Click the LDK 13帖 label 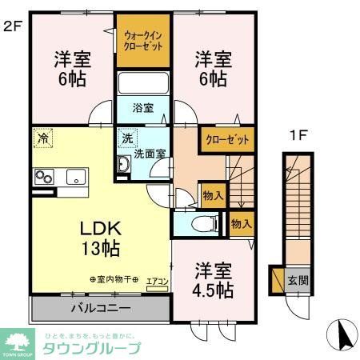99,238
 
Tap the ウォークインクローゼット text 143,40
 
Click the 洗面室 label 149,154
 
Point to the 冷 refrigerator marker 41,137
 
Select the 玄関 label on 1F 297,280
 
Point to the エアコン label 157,281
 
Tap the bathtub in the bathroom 142,84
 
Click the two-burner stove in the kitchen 42,178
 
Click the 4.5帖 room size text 214,289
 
